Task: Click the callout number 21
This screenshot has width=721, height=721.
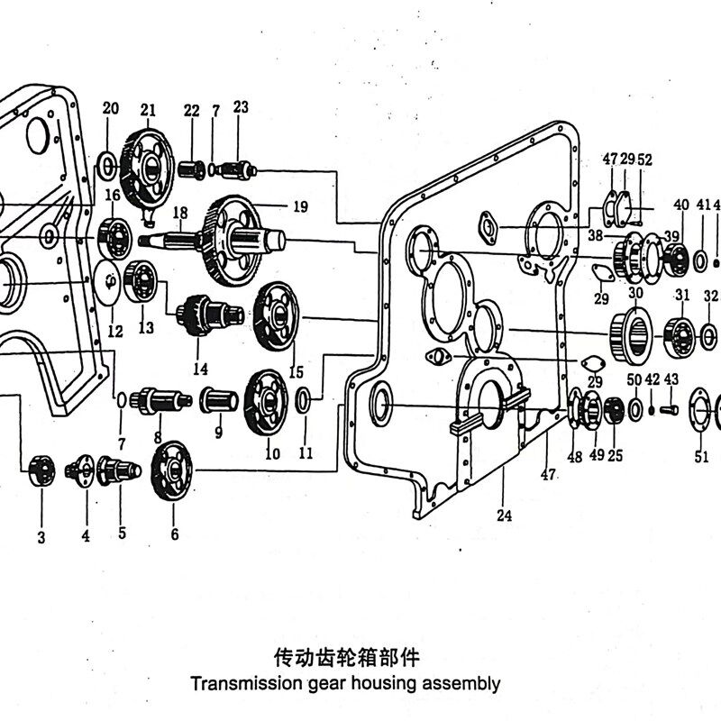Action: click(148, 111)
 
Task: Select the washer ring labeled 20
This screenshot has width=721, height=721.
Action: click(105, 165)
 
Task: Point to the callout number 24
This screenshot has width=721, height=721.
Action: click(504, 516)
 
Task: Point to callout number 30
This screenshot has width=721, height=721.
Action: click(635, 293)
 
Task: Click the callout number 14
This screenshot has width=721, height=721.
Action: click(200, 369)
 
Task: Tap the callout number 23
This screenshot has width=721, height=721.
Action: click(241, 107)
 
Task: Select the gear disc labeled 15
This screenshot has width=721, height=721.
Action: click(276, 316)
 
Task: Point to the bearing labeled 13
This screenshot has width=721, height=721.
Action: click(141, 280)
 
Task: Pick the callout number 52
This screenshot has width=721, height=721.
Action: click(644, 160)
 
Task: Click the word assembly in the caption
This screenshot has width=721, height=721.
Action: click(464, 682)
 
